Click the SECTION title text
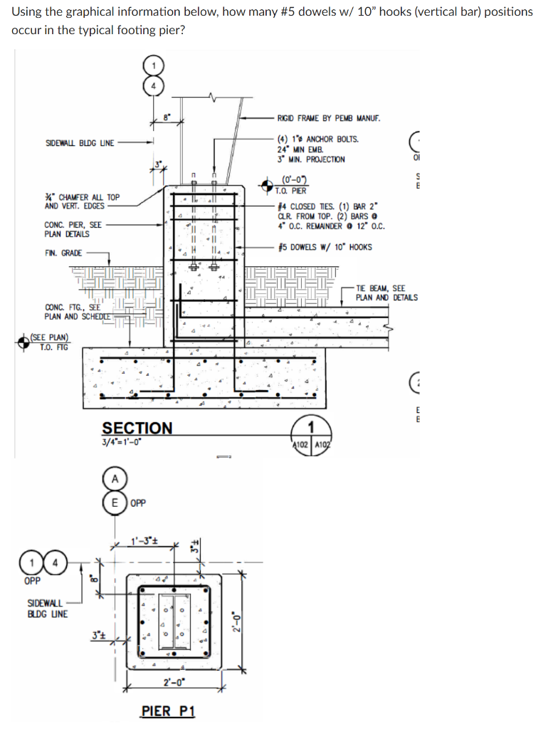pos(137,428)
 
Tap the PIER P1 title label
pos(167,711)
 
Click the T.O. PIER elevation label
pos(293,190)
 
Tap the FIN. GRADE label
pos(63,253)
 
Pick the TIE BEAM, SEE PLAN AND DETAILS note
pos(386,293)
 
